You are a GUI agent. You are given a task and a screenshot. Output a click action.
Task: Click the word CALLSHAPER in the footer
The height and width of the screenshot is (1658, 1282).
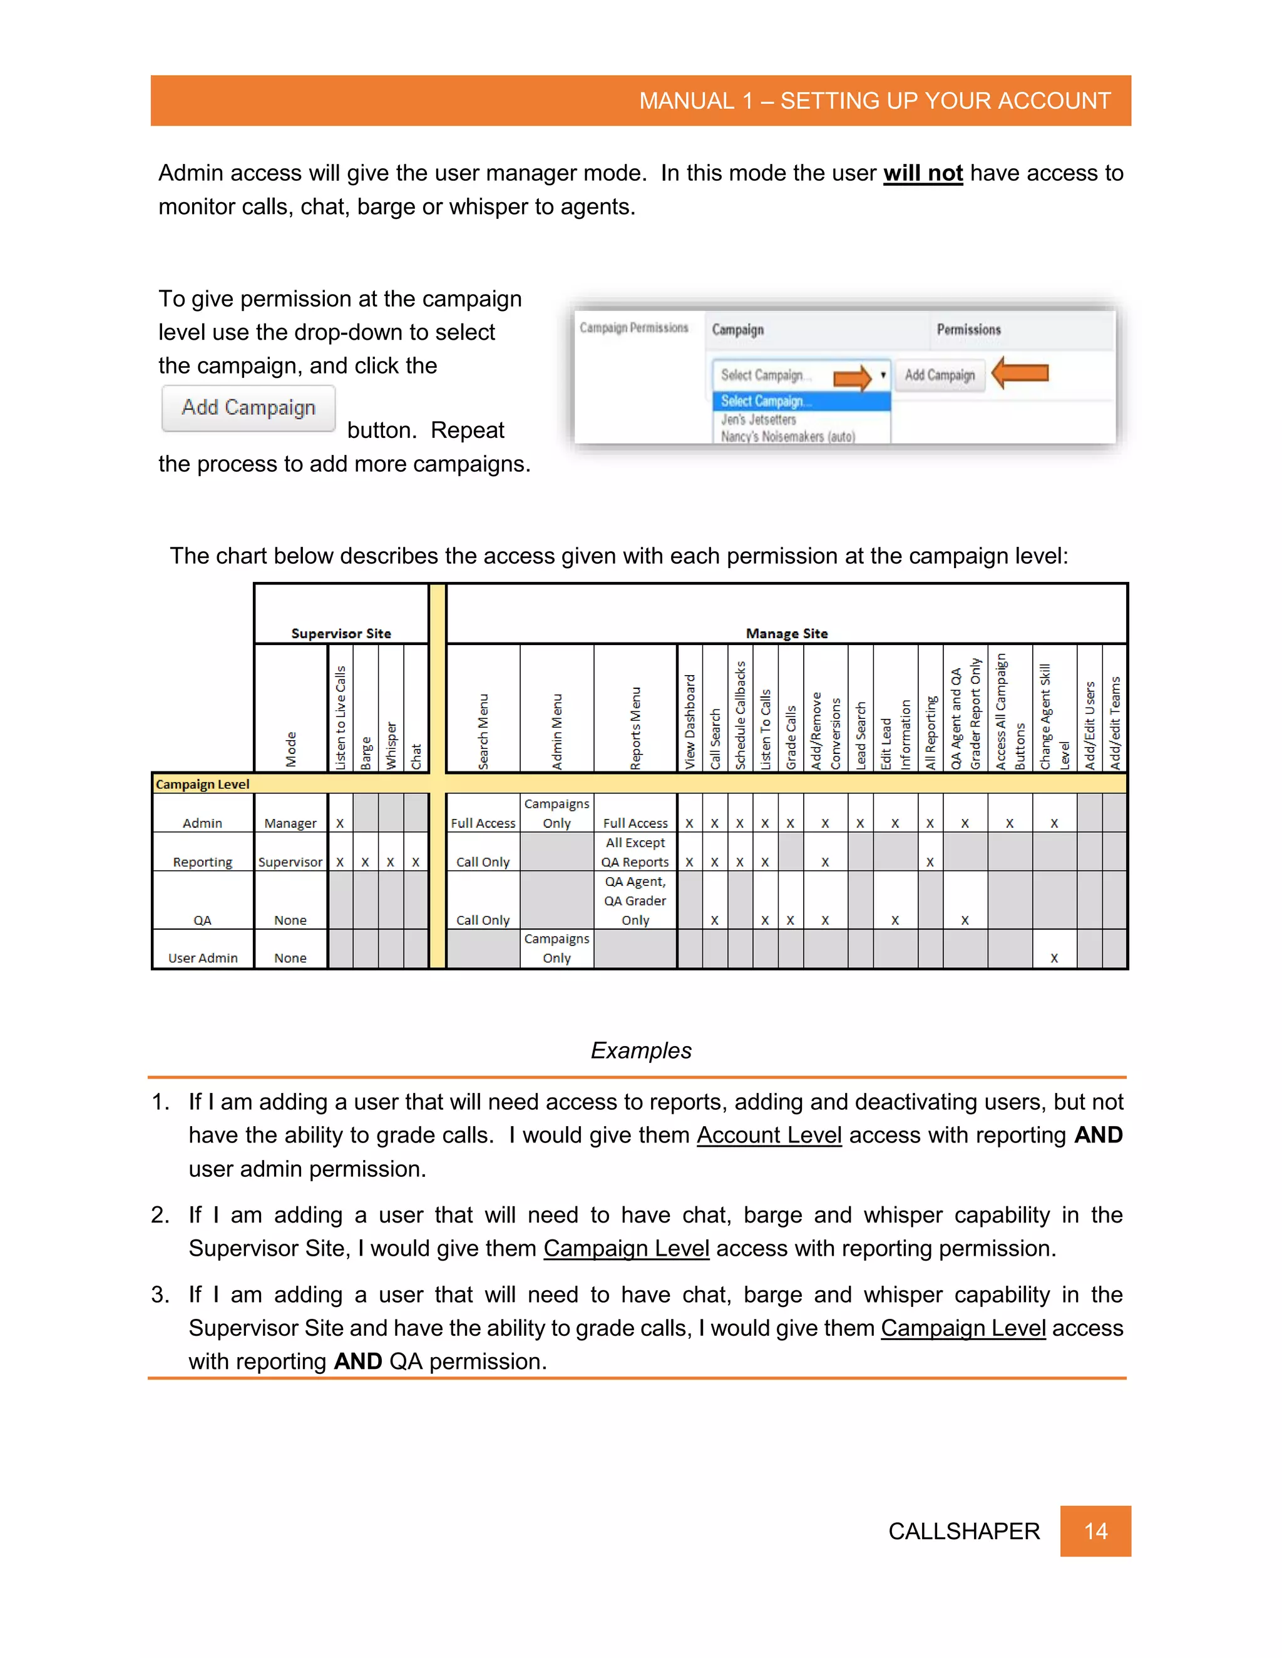pos(963,1530)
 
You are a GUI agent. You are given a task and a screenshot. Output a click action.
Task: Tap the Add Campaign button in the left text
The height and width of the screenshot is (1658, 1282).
pos(249,408)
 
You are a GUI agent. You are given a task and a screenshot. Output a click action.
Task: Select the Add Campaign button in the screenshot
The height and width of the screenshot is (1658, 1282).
pos(940,375)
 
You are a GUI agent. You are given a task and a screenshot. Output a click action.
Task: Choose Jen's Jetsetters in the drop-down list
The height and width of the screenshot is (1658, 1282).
pos(758,419)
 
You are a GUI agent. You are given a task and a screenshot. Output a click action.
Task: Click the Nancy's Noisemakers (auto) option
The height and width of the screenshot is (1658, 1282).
pos(787,437)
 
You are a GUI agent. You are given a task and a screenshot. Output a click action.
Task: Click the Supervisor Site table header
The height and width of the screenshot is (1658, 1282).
pos(341,633)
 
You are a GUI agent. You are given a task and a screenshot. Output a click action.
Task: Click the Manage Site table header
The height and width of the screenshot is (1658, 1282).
pos(787,633)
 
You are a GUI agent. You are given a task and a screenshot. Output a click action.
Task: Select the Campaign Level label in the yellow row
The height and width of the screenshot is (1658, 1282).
pos(202,784)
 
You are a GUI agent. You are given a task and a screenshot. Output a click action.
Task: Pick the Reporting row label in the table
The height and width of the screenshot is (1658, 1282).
pos(202,862)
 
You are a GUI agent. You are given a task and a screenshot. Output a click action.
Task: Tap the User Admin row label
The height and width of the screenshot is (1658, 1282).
pos(202,958)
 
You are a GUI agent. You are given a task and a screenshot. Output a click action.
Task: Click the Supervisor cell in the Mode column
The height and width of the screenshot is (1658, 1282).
pos(290,862)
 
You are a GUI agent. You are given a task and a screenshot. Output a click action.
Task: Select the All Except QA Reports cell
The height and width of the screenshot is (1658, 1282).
pos(635,852)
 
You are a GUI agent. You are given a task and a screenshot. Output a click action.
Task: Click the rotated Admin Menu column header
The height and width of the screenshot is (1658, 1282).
pos(556,731)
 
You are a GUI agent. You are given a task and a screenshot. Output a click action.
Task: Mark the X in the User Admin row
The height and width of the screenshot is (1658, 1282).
pos(1054,958)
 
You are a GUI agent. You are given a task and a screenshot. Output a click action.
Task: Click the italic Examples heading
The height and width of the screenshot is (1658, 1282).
pos(641,1050)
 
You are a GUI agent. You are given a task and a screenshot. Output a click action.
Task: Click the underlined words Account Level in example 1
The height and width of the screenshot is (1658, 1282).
pos(769,1135)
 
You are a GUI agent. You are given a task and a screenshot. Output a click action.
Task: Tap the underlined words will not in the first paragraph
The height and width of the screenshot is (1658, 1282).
pos(923,173)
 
